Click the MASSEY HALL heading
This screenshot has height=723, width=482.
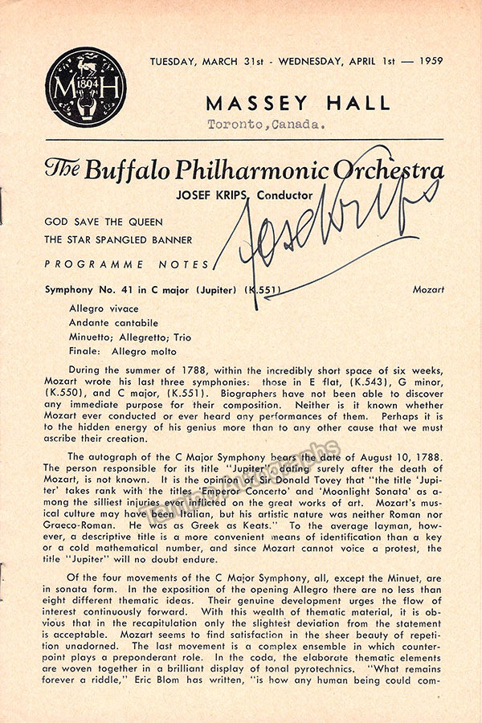tap(298, 103)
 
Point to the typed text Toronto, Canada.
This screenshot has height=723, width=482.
tap(266, 125)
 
